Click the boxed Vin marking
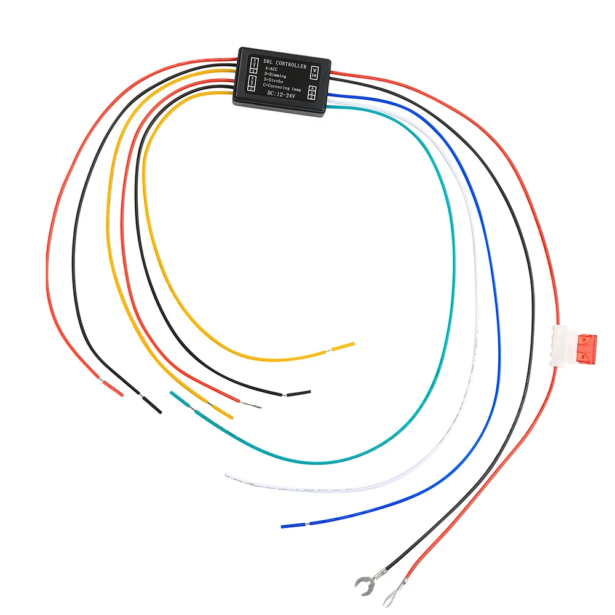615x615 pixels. click(x=315, y=73)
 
